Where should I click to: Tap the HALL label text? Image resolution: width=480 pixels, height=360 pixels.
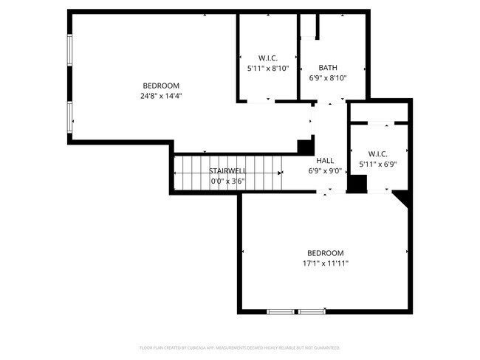click(x=325, y=160)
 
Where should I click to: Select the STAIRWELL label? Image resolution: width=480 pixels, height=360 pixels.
click(x=227, y=170)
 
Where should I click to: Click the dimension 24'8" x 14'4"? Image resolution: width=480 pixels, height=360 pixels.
click(x=161, y=95)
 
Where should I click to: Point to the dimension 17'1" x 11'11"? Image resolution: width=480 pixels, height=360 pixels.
click(x=325, y=263)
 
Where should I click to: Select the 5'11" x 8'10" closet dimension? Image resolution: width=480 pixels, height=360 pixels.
click(x=267, y=68)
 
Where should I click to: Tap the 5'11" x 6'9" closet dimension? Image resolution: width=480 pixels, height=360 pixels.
click(x=378, y=165)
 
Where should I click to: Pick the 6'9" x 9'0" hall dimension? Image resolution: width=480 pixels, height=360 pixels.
click(x=325, y=170)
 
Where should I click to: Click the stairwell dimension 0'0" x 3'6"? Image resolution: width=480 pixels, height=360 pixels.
click(x=227, y=181)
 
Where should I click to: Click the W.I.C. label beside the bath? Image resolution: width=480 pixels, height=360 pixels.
click(x=267, y=58)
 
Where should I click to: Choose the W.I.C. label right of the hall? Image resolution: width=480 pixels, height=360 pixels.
click(x=378, y=154)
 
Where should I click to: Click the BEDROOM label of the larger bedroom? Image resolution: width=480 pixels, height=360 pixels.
click(x=161, y=85)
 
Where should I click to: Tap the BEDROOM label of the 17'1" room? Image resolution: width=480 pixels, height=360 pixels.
click(x=325, y=252)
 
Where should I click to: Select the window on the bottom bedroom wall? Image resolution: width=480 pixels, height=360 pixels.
click(x=296, y=311)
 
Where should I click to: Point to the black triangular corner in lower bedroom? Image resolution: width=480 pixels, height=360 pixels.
click(x=402, y=198)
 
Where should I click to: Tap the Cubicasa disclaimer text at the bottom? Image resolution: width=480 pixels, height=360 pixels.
click(x=239, y=347)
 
